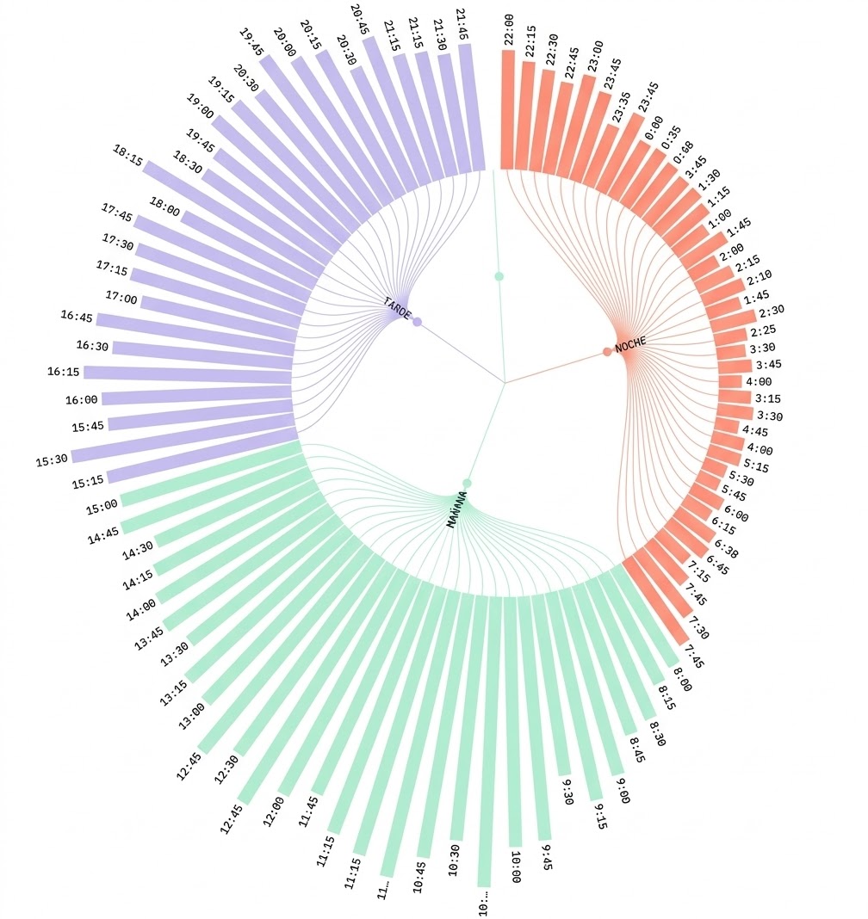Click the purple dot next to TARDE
pos(417,323)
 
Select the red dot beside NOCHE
pos(607,351)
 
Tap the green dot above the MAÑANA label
pos(467,483)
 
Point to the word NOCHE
pos(630,343)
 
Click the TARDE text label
pos(397,306)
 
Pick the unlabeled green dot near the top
pos(499,276)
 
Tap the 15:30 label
pos(52,460)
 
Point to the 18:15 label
pos(127,155)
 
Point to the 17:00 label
pos(121,299)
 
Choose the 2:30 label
pos(772,311)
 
